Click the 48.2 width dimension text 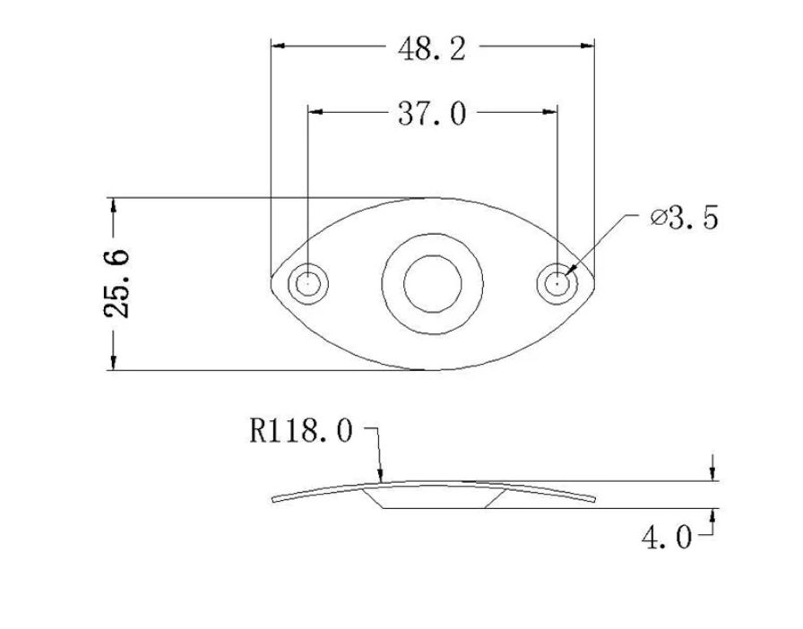[432, 47]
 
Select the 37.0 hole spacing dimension [432, 114]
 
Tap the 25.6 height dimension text [117, 283]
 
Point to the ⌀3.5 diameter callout [685, 218]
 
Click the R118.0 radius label [301, 432]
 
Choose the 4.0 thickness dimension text [666, 538]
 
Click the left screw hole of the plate [307, 283]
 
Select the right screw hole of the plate [557, 283]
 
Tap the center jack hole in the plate [432, 283]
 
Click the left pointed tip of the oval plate [272, 283]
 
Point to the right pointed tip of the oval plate [593, 283]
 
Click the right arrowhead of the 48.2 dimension [588, 45]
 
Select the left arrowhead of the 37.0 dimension [315, 111]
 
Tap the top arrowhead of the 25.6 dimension [113, 204]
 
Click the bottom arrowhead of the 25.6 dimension [113, 363]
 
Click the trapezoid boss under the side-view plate [432, 498]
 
